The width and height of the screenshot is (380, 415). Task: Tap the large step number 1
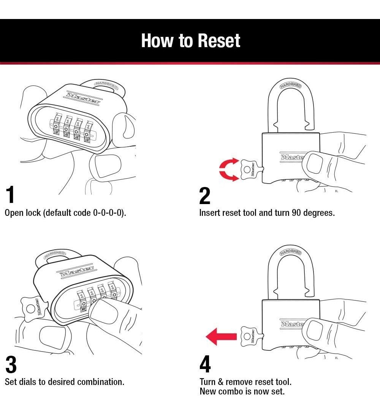[10, 195]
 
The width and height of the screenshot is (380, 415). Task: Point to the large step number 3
[11, 364]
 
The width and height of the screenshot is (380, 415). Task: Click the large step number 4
[205, 364]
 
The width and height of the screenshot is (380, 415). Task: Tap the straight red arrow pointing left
[221, 336]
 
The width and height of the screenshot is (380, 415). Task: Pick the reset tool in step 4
[250, 336]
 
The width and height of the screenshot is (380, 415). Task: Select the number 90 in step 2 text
[297, 213]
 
